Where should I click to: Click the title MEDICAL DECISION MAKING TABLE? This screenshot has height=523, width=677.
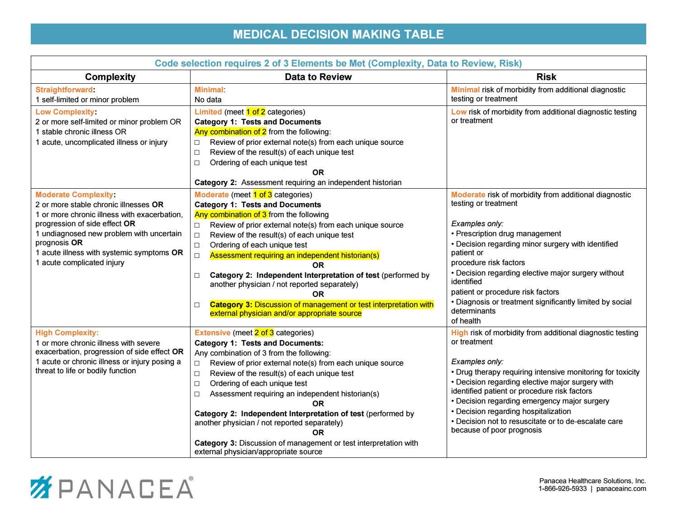click(338, 34)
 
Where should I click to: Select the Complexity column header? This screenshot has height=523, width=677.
click(110, 77)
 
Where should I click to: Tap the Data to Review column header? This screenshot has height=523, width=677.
click(318, 77)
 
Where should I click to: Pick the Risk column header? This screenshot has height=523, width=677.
click(546, 77)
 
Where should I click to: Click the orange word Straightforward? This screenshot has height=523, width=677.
click(64, 90)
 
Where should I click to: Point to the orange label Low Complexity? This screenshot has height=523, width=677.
click(65, 112)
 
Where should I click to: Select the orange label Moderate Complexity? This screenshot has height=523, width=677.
click(74, 195)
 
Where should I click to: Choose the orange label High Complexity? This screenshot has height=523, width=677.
click(67, 333)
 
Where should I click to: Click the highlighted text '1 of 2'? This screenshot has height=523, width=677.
click(256, 112)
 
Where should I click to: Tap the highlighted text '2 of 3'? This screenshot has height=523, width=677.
click(264, 333)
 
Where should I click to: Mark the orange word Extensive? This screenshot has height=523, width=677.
click(212, 333)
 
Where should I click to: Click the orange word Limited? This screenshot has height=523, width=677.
click(208, 112)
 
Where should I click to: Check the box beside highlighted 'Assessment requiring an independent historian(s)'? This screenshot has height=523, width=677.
click(197, 256)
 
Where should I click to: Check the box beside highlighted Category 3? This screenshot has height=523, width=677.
click(197, 305)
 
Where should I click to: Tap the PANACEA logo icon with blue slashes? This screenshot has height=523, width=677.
click(41, 487)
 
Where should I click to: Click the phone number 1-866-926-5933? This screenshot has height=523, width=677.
click(563, 489)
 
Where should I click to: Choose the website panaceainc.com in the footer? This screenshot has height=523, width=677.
click(621, 489)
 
